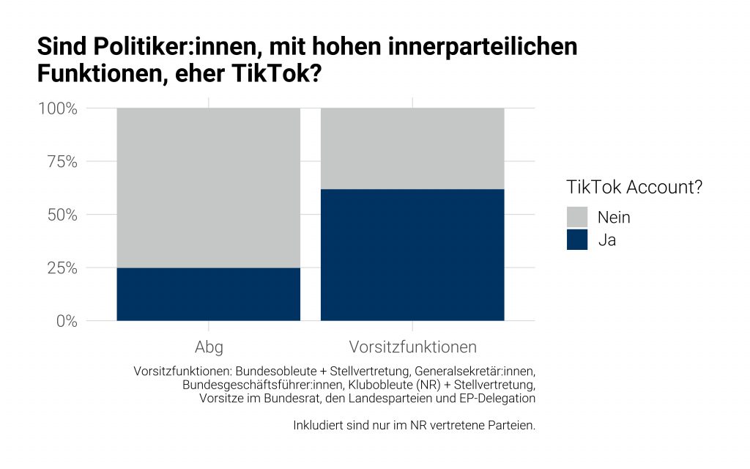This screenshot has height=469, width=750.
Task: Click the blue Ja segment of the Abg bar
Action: [209, 294]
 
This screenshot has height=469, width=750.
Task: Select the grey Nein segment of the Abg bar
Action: [209, 188]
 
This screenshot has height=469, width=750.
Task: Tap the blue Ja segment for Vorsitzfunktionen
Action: [412, 254]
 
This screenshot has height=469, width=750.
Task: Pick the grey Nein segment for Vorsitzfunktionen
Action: [412, 149]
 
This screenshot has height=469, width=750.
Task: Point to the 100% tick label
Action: [58, 109]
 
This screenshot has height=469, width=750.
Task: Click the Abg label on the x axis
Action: [209, 347]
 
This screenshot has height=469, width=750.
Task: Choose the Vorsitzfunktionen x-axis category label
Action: [412, 347]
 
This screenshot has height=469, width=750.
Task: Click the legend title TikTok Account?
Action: [634, 187]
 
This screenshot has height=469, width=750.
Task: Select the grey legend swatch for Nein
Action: [577, 217]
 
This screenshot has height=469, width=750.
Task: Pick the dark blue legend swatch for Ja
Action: [577, 240]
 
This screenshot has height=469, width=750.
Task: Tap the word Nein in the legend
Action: [614, 217]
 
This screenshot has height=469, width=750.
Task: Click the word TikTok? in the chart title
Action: [279, 74]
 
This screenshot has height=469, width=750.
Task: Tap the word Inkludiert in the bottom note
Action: [318, 425]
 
